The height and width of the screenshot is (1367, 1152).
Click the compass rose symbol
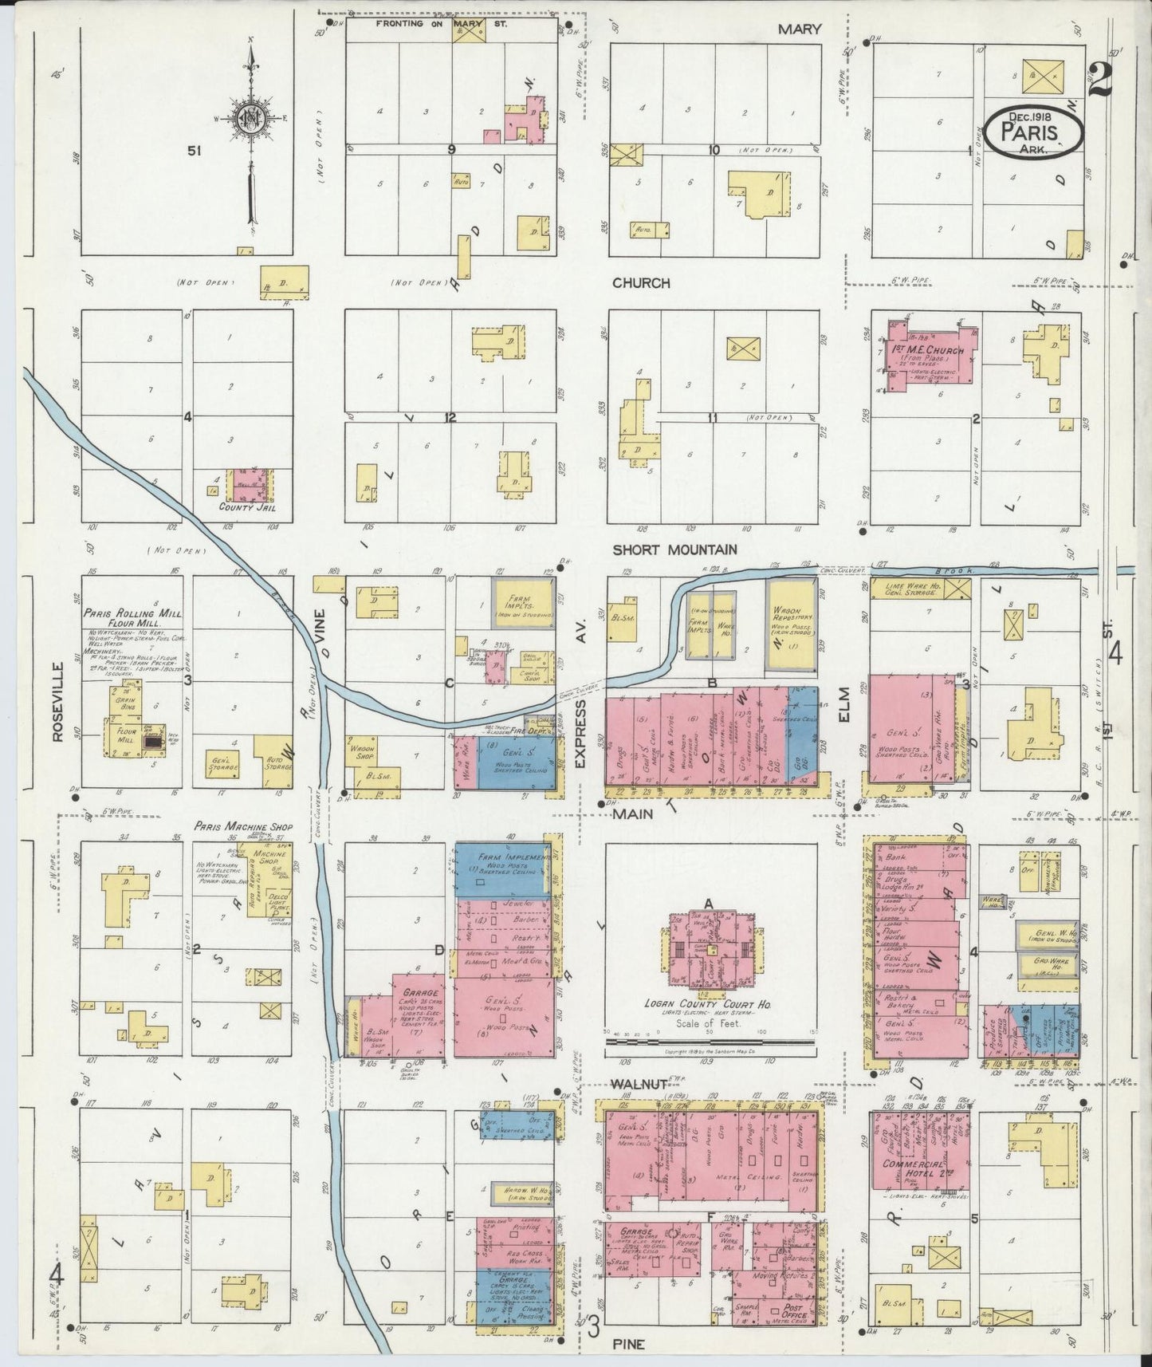tap(254, 119)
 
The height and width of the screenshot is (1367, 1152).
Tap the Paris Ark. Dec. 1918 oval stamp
tap(1032, 131)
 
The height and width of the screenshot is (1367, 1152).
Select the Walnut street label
tap(635, 1084)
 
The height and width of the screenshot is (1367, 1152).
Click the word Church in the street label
tap(641, 283)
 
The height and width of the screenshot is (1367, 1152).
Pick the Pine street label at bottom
tap(628, 1343)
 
